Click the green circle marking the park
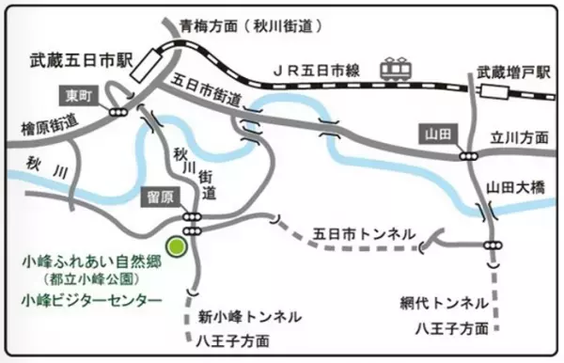pyautogui.click(x=176, y=245)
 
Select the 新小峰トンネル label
pyautogui.click(x=249, y=316)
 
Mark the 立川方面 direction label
pyautogui.click(x=516, y=137)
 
